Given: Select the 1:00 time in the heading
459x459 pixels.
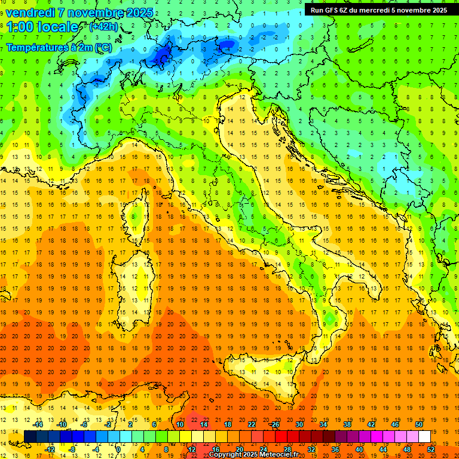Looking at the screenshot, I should [19, 27].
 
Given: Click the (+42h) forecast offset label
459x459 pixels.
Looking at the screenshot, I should [103, 27].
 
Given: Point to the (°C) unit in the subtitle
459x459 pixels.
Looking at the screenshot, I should [103, 47].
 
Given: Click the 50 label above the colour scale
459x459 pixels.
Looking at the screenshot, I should [418, 424].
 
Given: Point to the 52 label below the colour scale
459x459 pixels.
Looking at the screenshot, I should [432, 449].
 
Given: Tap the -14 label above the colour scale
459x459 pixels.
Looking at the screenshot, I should [38, 424].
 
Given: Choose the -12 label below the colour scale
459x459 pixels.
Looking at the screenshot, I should [50, 449].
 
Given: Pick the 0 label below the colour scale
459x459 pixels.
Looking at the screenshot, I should [118, 449].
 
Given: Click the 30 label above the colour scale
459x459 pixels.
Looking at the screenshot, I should [299, 424].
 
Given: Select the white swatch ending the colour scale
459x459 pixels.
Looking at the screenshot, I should [424, 436].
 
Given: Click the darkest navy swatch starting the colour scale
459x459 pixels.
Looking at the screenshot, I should [30, 436].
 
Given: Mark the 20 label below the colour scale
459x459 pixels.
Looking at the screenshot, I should [239, 449].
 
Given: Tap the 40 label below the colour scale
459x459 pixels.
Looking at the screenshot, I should [359, 449].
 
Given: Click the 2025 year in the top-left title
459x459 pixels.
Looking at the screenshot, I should [139, 13].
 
